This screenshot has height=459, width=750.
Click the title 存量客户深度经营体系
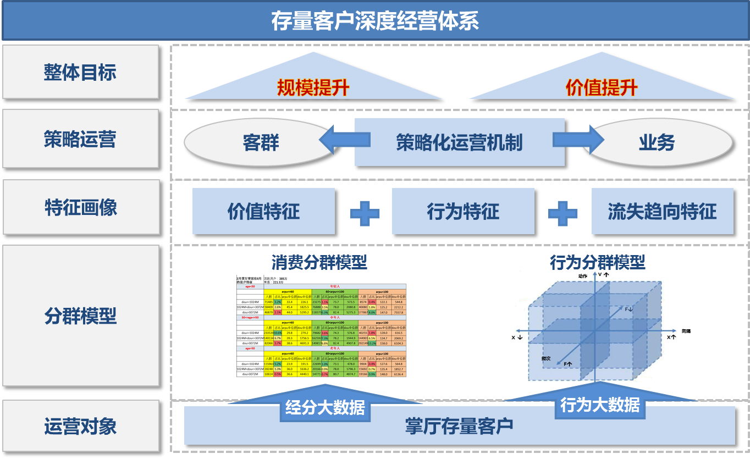[375, 21]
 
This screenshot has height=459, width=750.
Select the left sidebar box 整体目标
[80, 72]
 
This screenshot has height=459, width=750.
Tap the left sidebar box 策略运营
[80, 139]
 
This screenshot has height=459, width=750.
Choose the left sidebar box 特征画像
[80, 207]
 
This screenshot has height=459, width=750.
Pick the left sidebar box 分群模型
[80, 316]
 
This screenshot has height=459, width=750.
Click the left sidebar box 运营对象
[80, 426]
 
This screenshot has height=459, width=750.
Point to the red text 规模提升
[313, 87]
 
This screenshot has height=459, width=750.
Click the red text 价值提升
[602, 87]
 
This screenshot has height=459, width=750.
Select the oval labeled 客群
[261, 143]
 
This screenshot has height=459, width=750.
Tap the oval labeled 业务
[657, 143]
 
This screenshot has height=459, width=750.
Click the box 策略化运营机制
[459, 142]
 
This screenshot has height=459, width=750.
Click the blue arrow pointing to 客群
[344, 140]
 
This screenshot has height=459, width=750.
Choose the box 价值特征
[263, 211]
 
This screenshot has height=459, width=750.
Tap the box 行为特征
[463, 211]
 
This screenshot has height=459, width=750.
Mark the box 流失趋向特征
[662, 211]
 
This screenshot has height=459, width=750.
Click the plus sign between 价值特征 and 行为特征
[365, 212]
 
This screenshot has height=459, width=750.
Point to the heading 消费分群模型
[319, 262]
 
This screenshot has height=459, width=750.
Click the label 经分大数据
[325, 407]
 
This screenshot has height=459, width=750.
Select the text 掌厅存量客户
[459, 426]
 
